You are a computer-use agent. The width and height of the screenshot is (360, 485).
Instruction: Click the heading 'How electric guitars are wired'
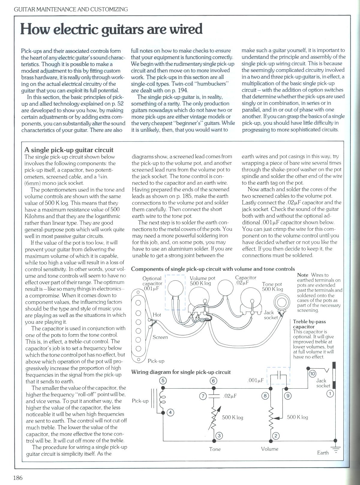[x=111, y=29]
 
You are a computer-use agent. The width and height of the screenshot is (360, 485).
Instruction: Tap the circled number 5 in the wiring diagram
[x=163, y=381]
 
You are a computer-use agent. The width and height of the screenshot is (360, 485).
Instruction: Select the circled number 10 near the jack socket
[x=312, y=374]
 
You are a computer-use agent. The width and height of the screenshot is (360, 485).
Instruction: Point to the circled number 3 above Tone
[x=219, y=436]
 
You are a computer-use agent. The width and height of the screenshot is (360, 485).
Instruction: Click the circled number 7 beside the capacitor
[x=203, y=396]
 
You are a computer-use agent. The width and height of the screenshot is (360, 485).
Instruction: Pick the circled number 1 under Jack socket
[x=330, y=393]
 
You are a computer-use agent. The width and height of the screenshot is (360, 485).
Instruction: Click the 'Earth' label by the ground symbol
[x=323, y=453]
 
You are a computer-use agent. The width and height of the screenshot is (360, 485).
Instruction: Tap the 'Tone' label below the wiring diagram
[x=215, y=449]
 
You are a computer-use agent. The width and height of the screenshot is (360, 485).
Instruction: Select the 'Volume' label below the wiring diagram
[x=270, y=449]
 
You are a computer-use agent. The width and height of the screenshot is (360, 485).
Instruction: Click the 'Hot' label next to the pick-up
[x=157, y=315]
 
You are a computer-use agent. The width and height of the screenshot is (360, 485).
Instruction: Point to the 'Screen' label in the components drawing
[x=160, y=337]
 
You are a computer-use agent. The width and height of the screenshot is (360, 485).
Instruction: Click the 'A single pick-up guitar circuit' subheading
[x=69, y=150]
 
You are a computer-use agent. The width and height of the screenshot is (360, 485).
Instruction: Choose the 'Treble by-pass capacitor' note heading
[x=309, y=324]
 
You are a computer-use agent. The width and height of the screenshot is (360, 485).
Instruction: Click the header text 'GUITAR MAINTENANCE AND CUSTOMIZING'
[x=67, y=9]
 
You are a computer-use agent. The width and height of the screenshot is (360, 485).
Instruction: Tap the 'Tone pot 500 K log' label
[x=272, y=287]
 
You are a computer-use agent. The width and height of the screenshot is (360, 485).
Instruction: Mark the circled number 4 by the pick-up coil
[x=170, y=412]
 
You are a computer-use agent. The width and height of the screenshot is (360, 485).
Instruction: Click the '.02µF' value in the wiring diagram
[x=230, y=396]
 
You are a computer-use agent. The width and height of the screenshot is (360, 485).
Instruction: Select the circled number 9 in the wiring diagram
[x=288, y=396]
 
